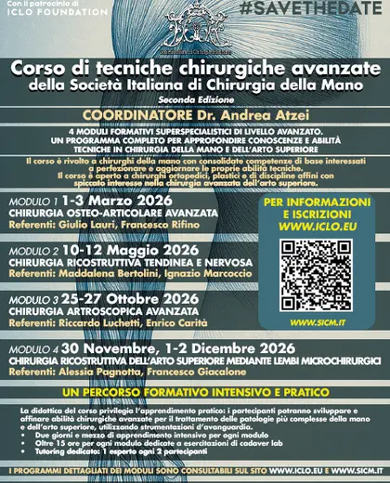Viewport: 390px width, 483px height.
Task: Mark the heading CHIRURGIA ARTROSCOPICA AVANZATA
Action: (83, 310)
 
